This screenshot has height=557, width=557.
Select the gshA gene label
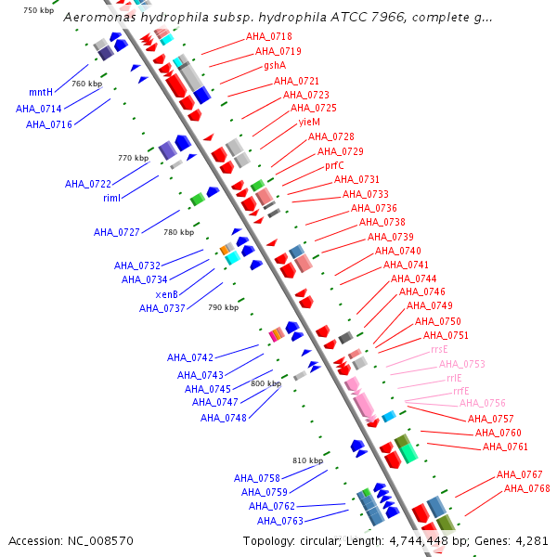tap(275, 66)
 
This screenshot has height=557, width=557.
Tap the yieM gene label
tap(309, 123)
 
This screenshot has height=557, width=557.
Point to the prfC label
tap(334, 165)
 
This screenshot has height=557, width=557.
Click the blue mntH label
tap(41, 92)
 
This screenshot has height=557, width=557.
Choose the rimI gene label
tap(111, 199)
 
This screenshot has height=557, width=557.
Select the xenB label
tap(167, 294)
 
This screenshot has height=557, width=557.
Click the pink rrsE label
tap(439, 350)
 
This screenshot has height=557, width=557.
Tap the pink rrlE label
tap(453, 378)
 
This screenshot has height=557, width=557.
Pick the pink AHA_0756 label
tap(482, 403)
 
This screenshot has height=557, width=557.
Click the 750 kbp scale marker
tap(38, 10)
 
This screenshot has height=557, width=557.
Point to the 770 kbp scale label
tap(133, 158)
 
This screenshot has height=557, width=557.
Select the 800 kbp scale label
tap(266, 383)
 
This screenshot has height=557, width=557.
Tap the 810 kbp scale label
tap(307, 460)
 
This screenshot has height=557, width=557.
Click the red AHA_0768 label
tap(526, 488)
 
